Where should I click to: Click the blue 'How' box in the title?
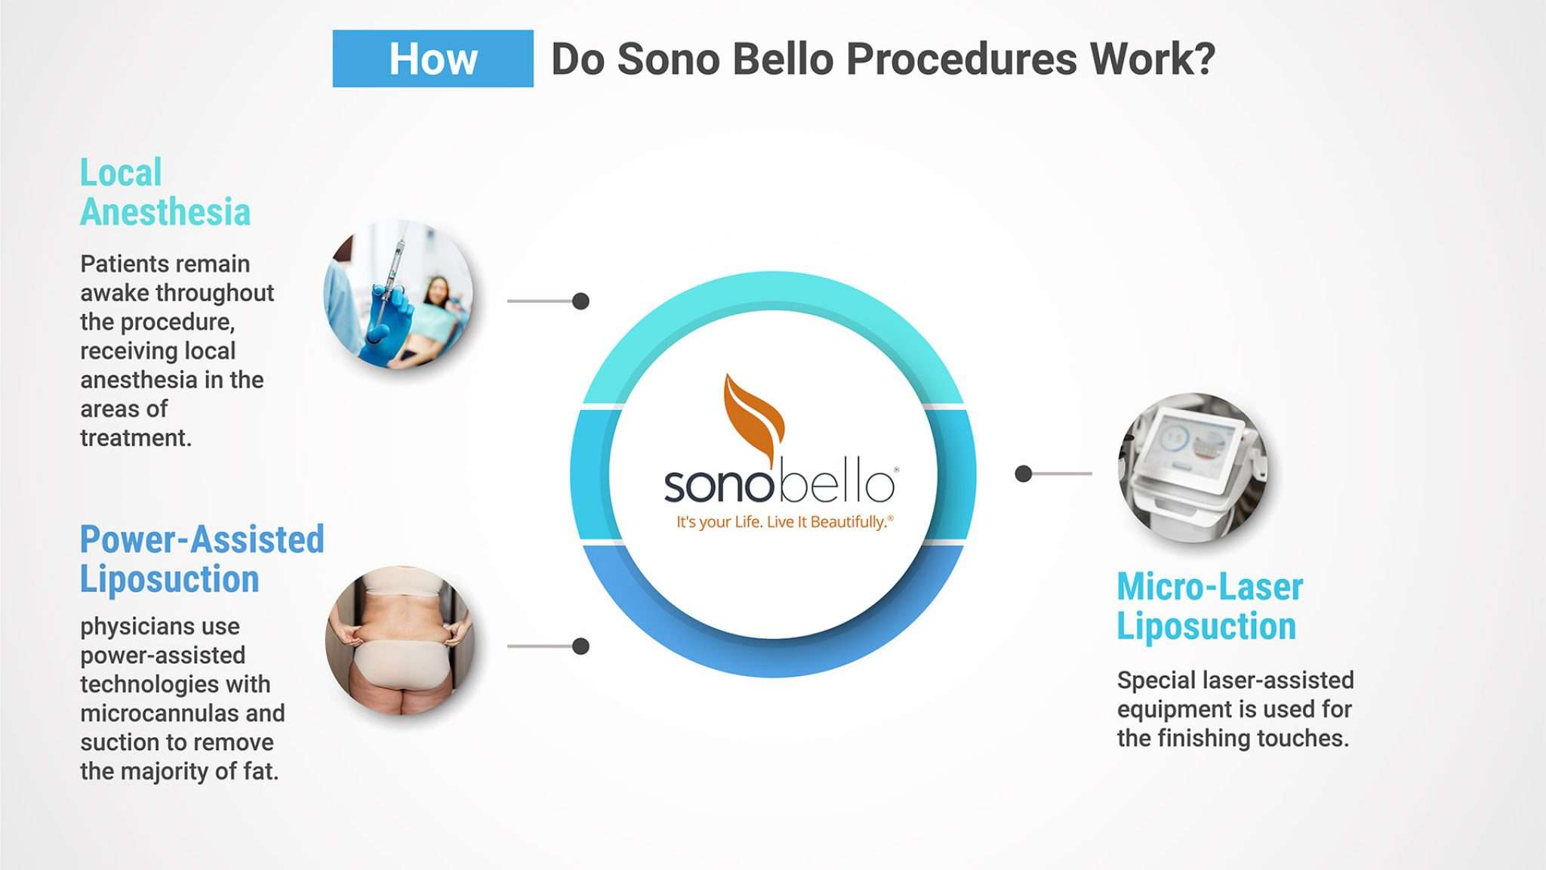click(x=433, y=59)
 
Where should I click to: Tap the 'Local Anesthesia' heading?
click(x=165, y=193)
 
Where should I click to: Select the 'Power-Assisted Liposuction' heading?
click(x=202, y=560)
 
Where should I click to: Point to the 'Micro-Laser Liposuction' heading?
click(x=1209, y=606)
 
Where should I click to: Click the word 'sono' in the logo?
click(x=717, y=485)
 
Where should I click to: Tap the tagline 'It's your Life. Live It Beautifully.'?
click(x=784, y=522)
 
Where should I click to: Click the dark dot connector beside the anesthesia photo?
click(x=581, y=301)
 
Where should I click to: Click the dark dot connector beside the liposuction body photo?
click(x=581, y=646)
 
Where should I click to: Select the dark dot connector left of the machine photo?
click(x=1023, y=474)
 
